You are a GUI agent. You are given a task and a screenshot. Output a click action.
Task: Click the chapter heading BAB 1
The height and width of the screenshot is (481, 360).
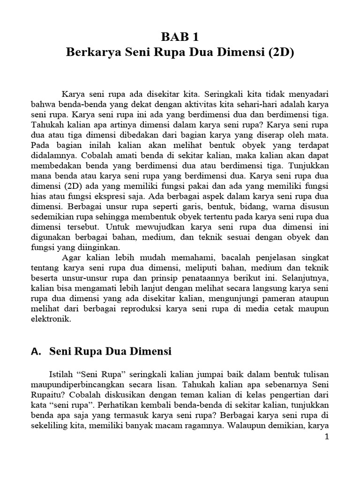click(180, 37)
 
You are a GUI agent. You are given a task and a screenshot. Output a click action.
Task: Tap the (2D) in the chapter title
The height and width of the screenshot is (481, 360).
click(278, 52)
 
